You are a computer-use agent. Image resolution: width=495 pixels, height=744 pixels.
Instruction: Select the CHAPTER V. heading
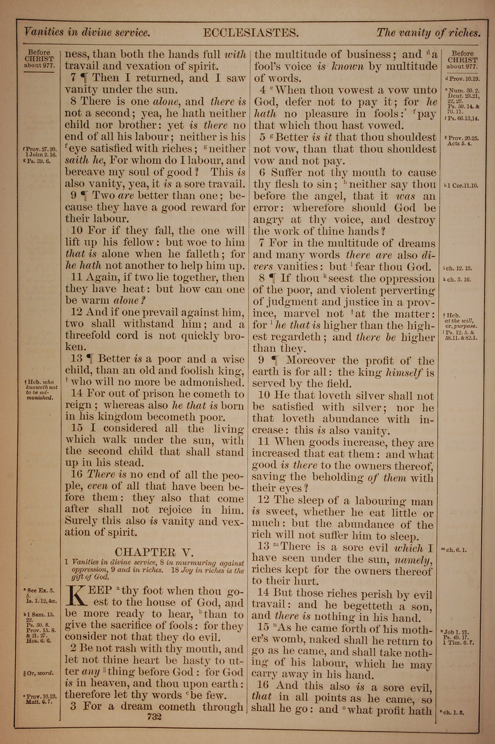pyautogui.click(x=154, y=552)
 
